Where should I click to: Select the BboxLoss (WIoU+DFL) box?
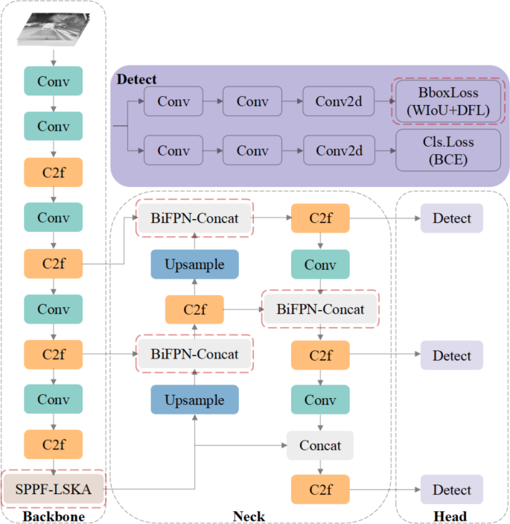click(448, 101)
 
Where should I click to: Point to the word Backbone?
click(53, 516)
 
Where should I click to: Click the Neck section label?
click(249, 516)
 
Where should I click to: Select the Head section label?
click(450, 516)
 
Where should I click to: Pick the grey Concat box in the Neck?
click(319, 445)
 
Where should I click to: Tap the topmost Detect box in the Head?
click(452, 218)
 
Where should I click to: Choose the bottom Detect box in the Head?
click(452, 490)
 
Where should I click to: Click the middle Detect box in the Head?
click(452, 355)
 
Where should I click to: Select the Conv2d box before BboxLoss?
click(339, 101)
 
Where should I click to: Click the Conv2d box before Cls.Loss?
click(339, 150)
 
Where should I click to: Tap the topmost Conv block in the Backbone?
click(54, 81)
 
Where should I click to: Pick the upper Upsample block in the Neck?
click(194, 264)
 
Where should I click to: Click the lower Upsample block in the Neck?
click(194, 400)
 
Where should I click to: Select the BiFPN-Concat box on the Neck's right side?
click(320, 309)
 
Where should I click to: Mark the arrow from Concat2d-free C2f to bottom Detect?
click(383, 490)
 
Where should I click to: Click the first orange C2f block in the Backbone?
click(54, 171)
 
